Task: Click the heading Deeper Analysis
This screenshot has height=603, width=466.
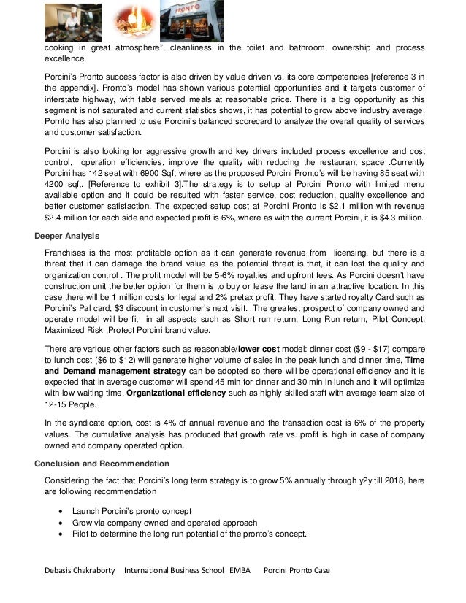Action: (x=68, y=235)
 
